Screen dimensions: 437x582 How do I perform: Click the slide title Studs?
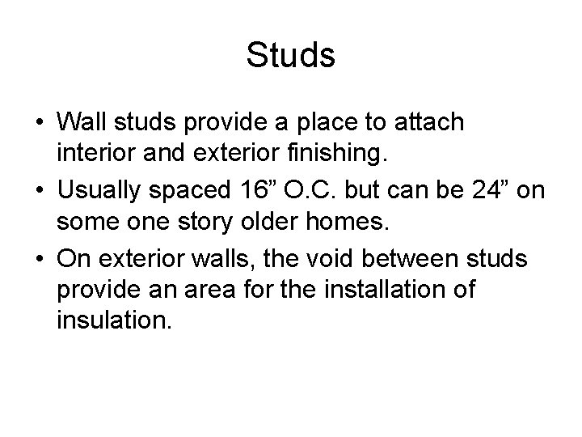click(290, 57)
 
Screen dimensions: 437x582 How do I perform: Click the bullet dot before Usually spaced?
click(39, 191)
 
